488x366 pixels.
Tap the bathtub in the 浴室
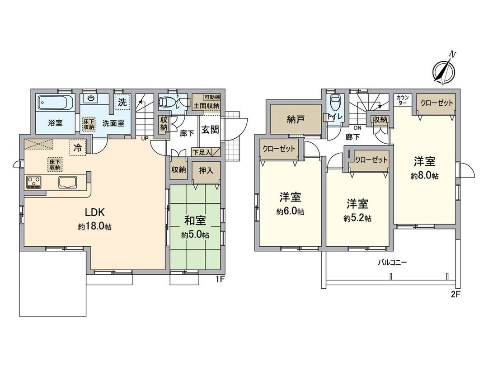pyautogui.click(x=54, y=103)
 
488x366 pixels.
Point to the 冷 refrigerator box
pyautogui.click(x=77, y=147)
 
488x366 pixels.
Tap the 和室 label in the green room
pyautogui.click(x=195, y=221)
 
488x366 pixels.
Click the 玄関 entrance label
pyautogui.click(x=210, y=130)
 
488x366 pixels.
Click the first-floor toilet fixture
pyautogui.click(x=167, y=103)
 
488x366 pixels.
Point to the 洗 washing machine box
pyautogui.click(x=122, y=103)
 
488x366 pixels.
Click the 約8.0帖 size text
pyautogui.click(x=424, y=176)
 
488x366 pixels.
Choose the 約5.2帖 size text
pyautogui.click(x=357, y=218)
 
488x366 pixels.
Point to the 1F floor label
pyautogui.click(x=220, y=279)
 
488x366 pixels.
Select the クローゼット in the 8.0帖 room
pyautogui.click(x=436, y=103)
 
